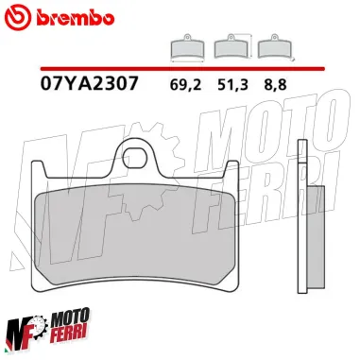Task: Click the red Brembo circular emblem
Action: click(19, 18)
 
